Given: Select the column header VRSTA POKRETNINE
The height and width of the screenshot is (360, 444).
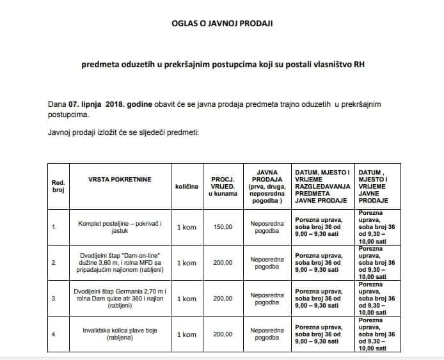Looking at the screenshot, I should pos(120,179).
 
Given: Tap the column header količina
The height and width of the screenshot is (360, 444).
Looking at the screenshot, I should pos(186,186).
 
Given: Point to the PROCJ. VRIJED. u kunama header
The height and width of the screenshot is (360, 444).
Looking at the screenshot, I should pos(223,185).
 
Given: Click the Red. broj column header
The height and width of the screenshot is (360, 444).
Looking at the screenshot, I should pos(58,186).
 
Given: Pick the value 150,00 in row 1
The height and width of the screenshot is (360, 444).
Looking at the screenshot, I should pos(223,226).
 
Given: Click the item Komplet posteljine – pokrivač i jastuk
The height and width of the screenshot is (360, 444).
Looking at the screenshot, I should pos(120,226).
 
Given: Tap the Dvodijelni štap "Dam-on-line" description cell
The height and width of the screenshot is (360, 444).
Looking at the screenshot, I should pos(120,262).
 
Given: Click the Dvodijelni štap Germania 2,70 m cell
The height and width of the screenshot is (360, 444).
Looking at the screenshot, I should pos(120,298).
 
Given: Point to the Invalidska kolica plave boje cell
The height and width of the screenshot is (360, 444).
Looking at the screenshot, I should pos(120,334).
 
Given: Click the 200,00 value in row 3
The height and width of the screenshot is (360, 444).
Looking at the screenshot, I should pos(223,298).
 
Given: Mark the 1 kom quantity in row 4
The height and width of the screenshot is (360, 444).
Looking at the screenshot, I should pos(186,334).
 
